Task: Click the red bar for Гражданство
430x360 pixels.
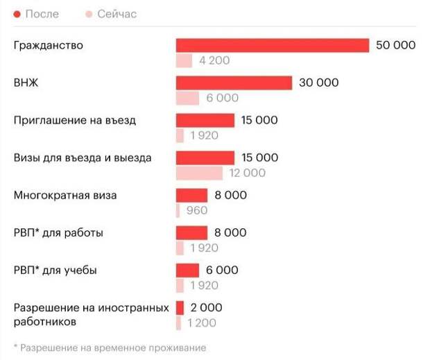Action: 272,45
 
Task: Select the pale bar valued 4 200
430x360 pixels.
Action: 184,61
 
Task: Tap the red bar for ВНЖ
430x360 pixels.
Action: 234,83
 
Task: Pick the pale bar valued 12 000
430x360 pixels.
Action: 199,173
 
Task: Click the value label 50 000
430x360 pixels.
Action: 395,45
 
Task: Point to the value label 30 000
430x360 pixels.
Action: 319,83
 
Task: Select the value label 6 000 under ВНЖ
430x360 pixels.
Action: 222,98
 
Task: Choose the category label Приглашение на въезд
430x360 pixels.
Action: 75,120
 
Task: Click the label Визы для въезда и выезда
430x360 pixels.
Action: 83,157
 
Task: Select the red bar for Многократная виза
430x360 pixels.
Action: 191,195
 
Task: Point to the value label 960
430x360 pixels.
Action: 197,211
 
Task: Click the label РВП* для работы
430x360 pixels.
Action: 58,232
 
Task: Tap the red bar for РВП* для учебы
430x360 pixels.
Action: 187,270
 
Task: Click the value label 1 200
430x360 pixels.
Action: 201,323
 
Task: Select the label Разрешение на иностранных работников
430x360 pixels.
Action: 90,314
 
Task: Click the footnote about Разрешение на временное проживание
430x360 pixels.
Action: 110,348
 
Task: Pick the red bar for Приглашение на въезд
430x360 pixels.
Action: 205,120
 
